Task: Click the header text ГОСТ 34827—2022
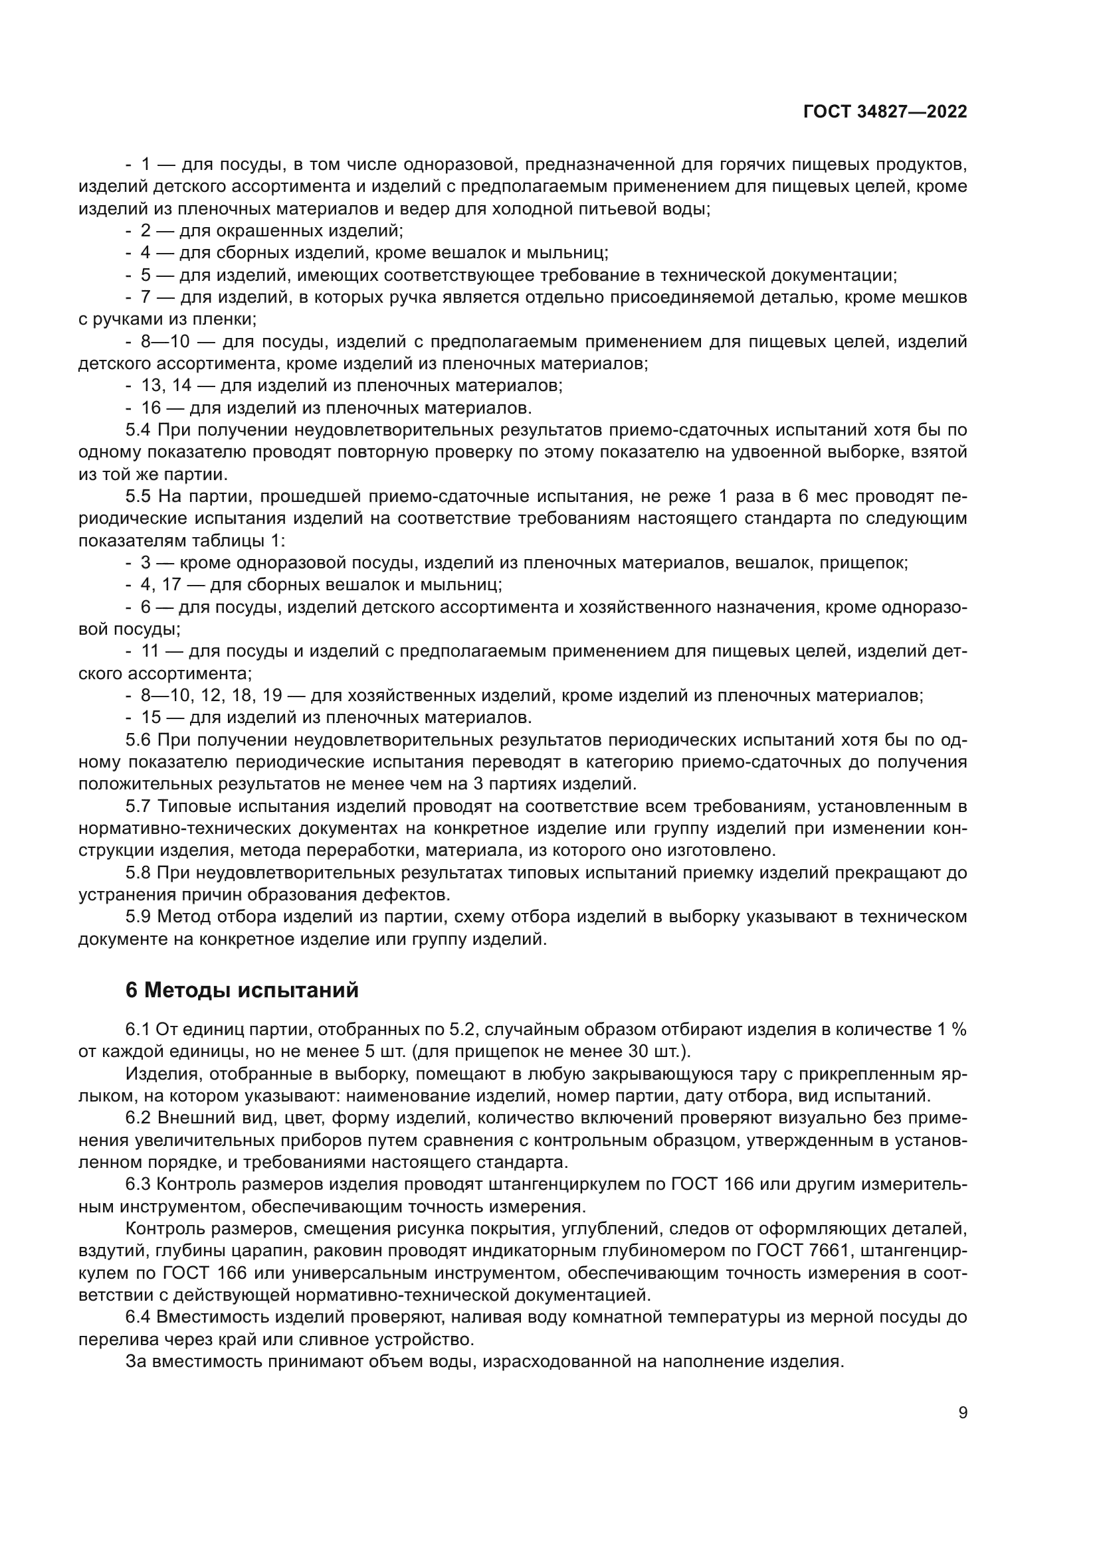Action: [x=884, y=112]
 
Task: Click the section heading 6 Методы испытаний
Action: [x=243, y=990]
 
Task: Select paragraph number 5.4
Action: [x=138, y=430]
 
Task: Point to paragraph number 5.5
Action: [x=138, y=497]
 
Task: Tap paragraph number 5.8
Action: [x=138, y=873]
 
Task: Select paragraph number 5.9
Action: [x=138, y=917]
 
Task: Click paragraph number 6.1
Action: [x=138, y=1030]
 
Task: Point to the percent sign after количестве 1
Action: [x=959, y=1030]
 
